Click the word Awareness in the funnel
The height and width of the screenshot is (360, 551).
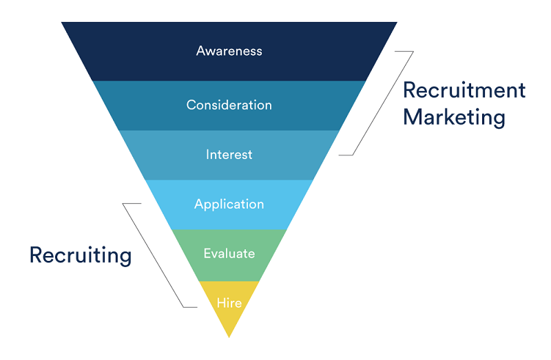pos(229,51)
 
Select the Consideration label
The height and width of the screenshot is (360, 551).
pos(229,105)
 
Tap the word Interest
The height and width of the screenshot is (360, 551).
pos(229,155)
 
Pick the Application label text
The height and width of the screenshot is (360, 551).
pos(229,204)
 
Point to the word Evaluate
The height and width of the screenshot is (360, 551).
pos(229,253)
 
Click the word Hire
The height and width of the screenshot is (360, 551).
pos(229,302)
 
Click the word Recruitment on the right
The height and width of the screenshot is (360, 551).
pos(464,90)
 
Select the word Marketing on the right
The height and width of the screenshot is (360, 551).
pos(454,117)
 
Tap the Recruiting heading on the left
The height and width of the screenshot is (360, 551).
pos(80,255)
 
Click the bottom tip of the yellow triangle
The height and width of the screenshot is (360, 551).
pos(229,337)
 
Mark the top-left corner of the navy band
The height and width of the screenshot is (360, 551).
pos(62,23)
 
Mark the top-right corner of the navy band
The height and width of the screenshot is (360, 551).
pos(397,23)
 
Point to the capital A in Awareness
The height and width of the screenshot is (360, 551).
pos(200,51)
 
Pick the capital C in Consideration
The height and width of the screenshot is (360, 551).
pos(191,105)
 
